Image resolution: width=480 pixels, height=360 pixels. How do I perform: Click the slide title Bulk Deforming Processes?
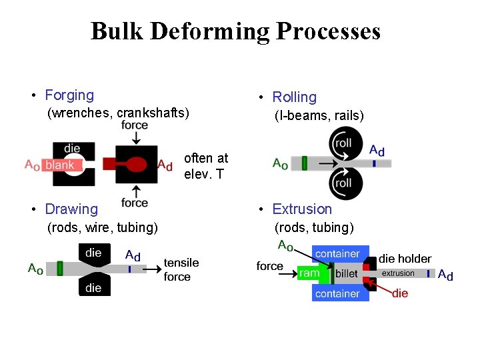point(235,31)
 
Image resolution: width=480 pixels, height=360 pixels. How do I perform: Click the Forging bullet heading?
point(69,95)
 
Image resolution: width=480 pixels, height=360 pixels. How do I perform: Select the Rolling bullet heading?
point(294,97)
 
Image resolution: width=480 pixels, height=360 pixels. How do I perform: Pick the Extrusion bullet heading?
point(301,209)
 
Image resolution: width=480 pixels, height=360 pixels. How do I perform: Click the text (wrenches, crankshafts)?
point(118,113)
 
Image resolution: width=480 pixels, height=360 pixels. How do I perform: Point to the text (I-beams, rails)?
point(319,116)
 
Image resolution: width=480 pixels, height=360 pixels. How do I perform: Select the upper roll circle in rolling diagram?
point(343,143)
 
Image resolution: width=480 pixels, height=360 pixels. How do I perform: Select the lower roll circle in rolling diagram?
point(343,183)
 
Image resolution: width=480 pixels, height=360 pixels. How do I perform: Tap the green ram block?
point(309,273)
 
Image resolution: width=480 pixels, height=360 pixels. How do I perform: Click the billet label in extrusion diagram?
point(347,274)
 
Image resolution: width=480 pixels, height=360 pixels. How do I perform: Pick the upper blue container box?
point(338,254)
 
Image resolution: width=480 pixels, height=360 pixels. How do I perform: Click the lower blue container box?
point(338,293)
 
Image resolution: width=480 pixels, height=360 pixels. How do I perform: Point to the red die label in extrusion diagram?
point(400,293)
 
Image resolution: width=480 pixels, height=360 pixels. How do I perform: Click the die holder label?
point(405,259)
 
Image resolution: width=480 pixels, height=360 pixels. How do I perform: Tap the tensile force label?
point(181,270)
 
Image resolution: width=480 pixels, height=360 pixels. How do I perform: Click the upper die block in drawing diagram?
point(93,253)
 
